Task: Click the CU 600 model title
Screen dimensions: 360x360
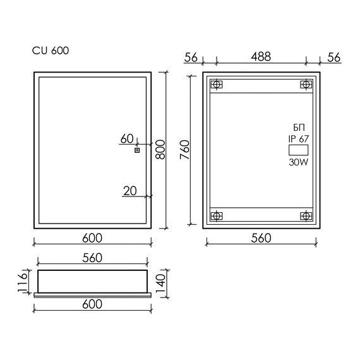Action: pos(51,51)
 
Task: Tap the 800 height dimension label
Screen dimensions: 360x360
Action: pos(160,150)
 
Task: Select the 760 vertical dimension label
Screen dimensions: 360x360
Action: pos(184,150)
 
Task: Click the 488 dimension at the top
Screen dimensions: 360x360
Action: pos(261,56)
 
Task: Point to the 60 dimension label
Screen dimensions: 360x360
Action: pos(127,139)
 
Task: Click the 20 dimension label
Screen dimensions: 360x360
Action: pos(130,191)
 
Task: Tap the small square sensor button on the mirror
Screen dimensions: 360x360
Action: pos(137,150)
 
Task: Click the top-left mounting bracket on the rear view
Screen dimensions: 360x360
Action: pos(216,85)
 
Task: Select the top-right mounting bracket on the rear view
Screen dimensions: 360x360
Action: pos(306,85)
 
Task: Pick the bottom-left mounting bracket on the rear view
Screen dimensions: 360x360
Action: pos(216,216)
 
